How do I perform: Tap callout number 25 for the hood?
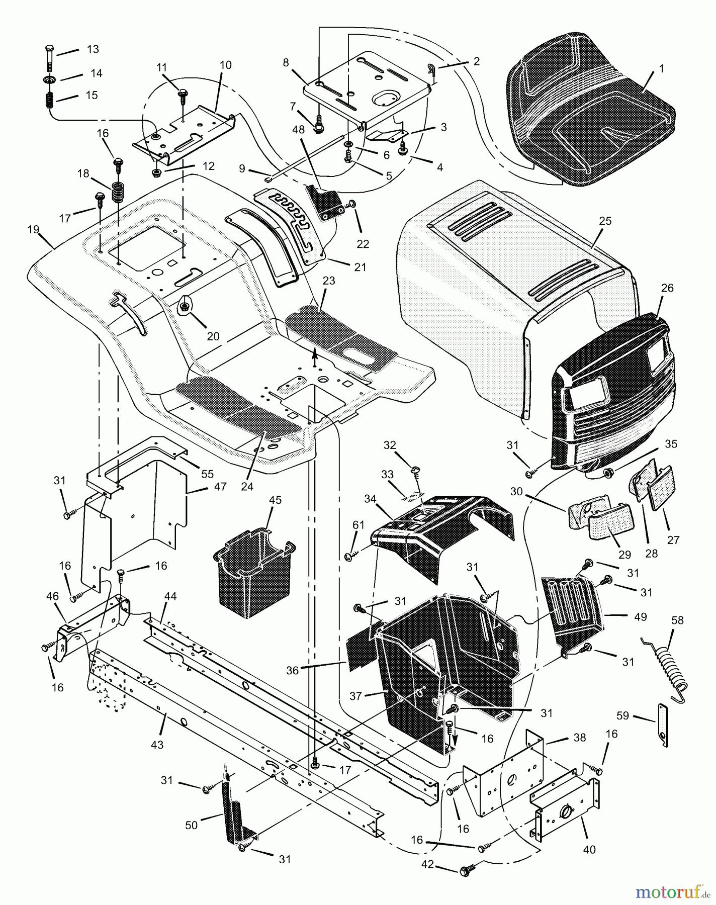pyautogui.click(x=605, y=221)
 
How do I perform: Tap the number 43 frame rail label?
pyautogui.click(x=157, y=745)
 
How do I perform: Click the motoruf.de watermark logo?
pyautogui.click(x=672, y=892)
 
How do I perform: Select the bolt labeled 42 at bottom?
pyautogui.click(x=466, y=870)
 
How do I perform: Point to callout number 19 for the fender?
pyautogui.click(x=33, y=229)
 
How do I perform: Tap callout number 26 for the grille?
pyautogui.click(x=668, y=289)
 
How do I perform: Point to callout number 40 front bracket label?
pyautogui.click(x=589, y=849)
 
